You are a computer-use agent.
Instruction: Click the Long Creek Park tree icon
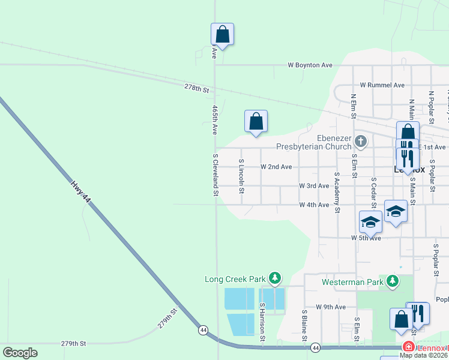(275, 278)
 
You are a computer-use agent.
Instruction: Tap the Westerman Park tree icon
(393, 280)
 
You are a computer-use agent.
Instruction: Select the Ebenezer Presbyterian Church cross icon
(360, 142)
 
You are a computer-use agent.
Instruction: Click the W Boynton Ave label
(310, 65)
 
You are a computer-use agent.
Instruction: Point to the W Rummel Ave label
(382, 86)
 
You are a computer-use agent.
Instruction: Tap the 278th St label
(196, 89)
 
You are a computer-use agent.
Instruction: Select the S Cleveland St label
(215, 175)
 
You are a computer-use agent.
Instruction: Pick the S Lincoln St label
(241, 176)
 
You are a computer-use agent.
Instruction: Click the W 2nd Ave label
(276, 167)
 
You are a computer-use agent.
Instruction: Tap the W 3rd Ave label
(314, 186)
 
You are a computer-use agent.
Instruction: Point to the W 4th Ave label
(314, 205)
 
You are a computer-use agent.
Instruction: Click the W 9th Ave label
(331, 307)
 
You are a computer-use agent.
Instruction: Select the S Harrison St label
(262, 323)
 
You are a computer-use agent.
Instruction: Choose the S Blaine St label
(304, 324)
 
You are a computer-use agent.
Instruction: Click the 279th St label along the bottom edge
(73, 344)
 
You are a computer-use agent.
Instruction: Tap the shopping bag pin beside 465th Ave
(222, 35)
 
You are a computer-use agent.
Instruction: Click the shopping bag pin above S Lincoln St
(256, 122)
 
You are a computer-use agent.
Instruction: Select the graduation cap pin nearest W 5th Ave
(370, 223)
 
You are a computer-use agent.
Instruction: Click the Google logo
(20, 353)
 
